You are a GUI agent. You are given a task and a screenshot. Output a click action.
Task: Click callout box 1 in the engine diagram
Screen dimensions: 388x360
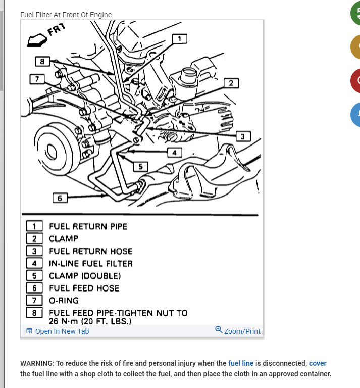(179, 38)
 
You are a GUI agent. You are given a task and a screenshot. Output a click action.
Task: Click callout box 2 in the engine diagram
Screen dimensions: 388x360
(231, 83)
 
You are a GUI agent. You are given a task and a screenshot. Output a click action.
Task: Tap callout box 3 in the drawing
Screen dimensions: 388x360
(242, 136)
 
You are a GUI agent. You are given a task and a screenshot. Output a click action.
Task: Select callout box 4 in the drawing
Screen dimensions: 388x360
(174, 152)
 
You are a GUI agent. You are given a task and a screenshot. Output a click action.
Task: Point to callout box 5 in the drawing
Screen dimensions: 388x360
(140, 167)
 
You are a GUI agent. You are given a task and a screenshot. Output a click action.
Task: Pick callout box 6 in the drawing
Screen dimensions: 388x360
(60, 198)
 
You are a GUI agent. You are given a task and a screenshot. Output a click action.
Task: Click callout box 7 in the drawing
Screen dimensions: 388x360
(37, 79)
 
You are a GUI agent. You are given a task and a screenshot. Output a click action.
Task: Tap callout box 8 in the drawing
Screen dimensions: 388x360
(42, 62)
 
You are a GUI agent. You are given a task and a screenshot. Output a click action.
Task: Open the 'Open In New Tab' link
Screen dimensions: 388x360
(58, 331)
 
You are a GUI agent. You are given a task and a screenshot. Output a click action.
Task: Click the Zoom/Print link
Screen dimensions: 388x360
(238, 331)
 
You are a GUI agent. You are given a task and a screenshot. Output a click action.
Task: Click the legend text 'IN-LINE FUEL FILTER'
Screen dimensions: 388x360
(90, 263)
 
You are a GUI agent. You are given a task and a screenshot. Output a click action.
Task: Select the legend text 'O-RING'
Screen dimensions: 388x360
(64, 301)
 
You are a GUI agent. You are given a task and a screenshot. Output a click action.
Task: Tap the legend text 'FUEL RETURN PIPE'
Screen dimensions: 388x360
(88, 226)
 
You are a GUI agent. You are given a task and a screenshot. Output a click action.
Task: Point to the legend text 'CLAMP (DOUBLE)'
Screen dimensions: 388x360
(85, 276)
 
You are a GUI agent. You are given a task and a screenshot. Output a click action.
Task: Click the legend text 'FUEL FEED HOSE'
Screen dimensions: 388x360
(84, 288)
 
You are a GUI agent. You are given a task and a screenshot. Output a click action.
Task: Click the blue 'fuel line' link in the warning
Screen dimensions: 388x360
(241, 363)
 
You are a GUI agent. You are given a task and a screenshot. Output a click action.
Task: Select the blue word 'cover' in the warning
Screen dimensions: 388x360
(318, 363)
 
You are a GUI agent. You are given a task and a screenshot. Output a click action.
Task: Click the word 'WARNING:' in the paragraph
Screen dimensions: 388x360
(37, 363)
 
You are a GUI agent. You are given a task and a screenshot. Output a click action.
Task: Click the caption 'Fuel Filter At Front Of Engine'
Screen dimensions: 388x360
(66, 15)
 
